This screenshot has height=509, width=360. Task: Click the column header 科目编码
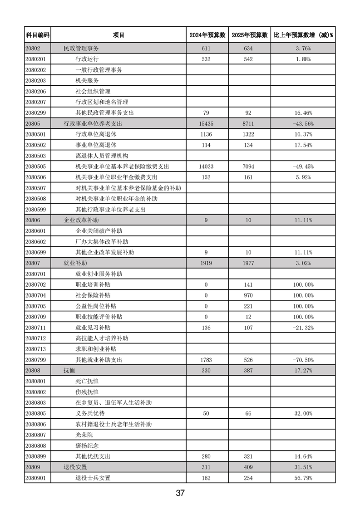(x=37, y=35)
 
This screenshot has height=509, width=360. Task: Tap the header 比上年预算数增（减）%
(x=303, y=35)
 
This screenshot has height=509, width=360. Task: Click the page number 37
(x=180, y=493)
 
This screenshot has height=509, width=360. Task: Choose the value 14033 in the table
(x=206, y=166)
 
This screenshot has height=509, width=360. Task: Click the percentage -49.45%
(x=303, y=166)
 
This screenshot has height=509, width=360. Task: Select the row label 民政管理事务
(x=81, y=48)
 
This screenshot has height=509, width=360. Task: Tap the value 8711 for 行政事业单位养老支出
(x=249, y=123)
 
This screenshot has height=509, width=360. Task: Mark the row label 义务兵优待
(x=90, y=413)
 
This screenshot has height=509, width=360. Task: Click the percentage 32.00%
(x=303, y=413)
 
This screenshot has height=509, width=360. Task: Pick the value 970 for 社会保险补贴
(x=249, y=295)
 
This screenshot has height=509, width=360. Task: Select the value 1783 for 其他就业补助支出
(x=206, y=360)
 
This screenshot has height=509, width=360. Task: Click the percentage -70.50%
(x=303, y=360)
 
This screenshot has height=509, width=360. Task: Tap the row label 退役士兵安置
(x=93, y=478)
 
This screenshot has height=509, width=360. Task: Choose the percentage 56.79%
(x=303, y=478)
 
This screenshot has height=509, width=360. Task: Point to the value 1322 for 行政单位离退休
(x=249, y=134)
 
